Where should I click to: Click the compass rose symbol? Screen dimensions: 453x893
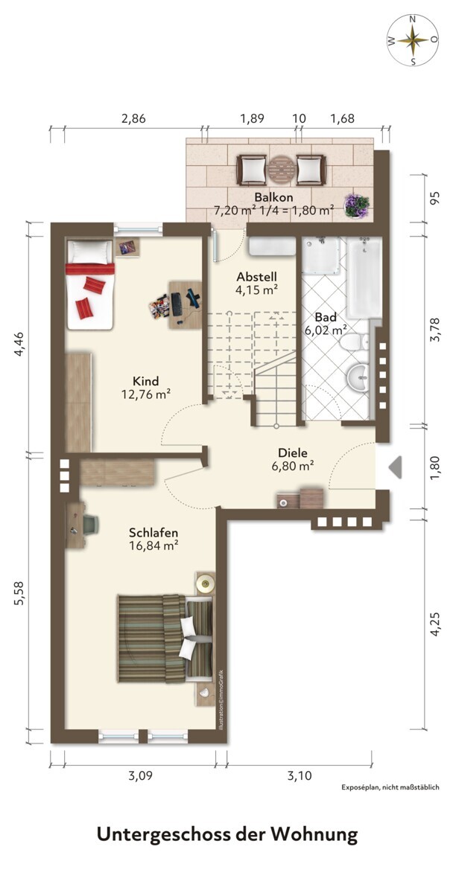[x=414, y=39]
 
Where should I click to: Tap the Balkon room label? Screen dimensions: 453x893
[x=273, y=197]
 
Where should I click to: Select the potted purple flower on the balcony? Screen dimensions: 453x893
[x=357, y=206]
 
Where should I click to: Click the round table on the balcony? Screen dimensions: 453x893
[x=282, y=170]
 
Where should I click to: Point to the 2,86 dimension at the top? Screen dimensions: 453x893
[x=133, y=119]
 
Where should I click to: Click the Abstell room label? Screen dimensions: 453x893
[x=256, y=277]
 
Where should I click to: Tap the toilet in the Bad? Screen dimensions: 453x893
[x=355, y=342]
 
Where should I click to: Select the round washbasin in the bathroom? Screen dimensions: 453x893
[x=359, y=377]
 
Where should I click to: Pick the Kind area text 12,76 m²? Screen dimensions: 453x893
[x=146, y=394]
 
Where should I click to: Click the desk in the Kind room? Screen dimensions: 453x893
[x=186, y=304]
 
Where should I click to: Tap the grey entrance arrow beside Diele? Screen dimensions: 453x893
[x=395, y=467]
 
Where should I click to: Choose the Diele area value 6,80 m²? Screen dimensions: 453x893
[x=293, y=466]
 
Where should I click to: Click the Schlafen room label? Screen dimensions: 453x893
[x=153, y=533]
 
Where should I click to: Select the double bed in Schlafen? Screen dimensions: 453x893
[x=165, y=638]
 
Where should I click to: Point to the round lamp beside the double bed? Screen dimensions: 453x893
[x=206, y=584]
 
